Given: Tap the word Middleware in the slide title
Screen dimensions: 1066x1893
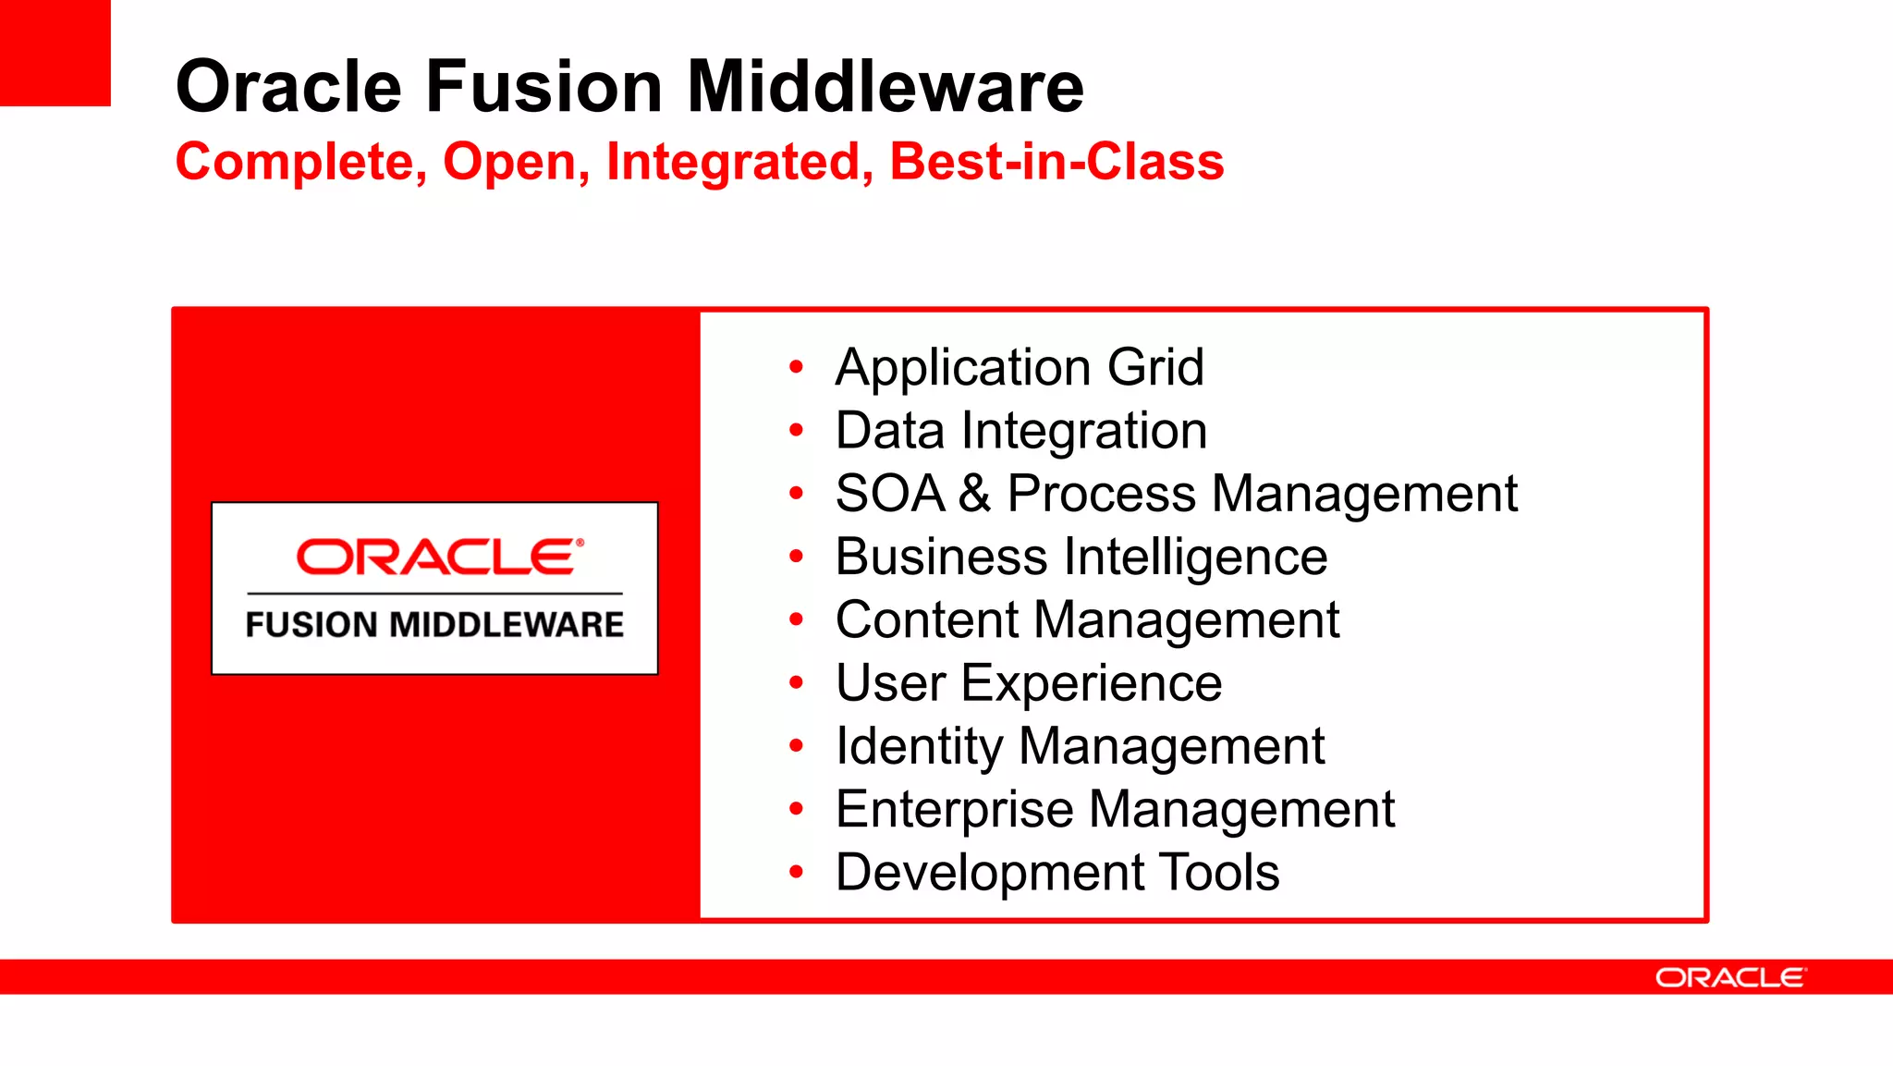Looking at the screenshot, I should tap(885, 87).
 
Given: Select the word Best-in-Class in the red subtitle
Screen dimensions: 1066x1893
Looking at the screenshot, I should tap(1056, 162).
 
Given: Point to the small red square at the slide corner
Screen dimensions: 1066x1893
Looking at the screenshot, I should tap(55, 53).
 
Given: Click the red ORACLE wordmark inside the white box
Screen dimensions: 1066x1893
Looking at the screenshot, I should tap(439, 557).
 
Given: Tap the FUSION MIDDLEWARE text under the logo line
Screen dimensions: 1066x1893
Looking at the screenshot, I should tap(434, 625).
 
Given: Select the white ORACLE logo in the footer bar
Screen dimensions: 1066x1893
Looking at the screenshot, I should tap(1729, 977).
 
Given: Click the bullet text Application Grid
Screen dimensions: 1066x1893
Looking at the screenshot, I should tap(1020, 367).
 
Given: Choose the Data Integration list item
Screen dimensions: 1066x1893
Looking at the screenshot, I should tap(1020, 431).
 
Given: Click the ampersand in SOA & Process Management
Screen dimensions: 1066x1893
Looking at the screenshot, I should tap(974, 493).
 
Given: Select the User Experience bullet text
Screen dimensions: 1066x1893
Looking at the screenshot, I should tap(1028, 683).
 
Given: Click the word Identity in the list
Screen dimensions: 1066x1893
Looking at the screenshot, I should tap(919, 746).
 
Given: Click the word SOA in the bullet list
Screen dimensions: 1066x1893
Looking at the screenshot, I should tap(889, 493).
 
